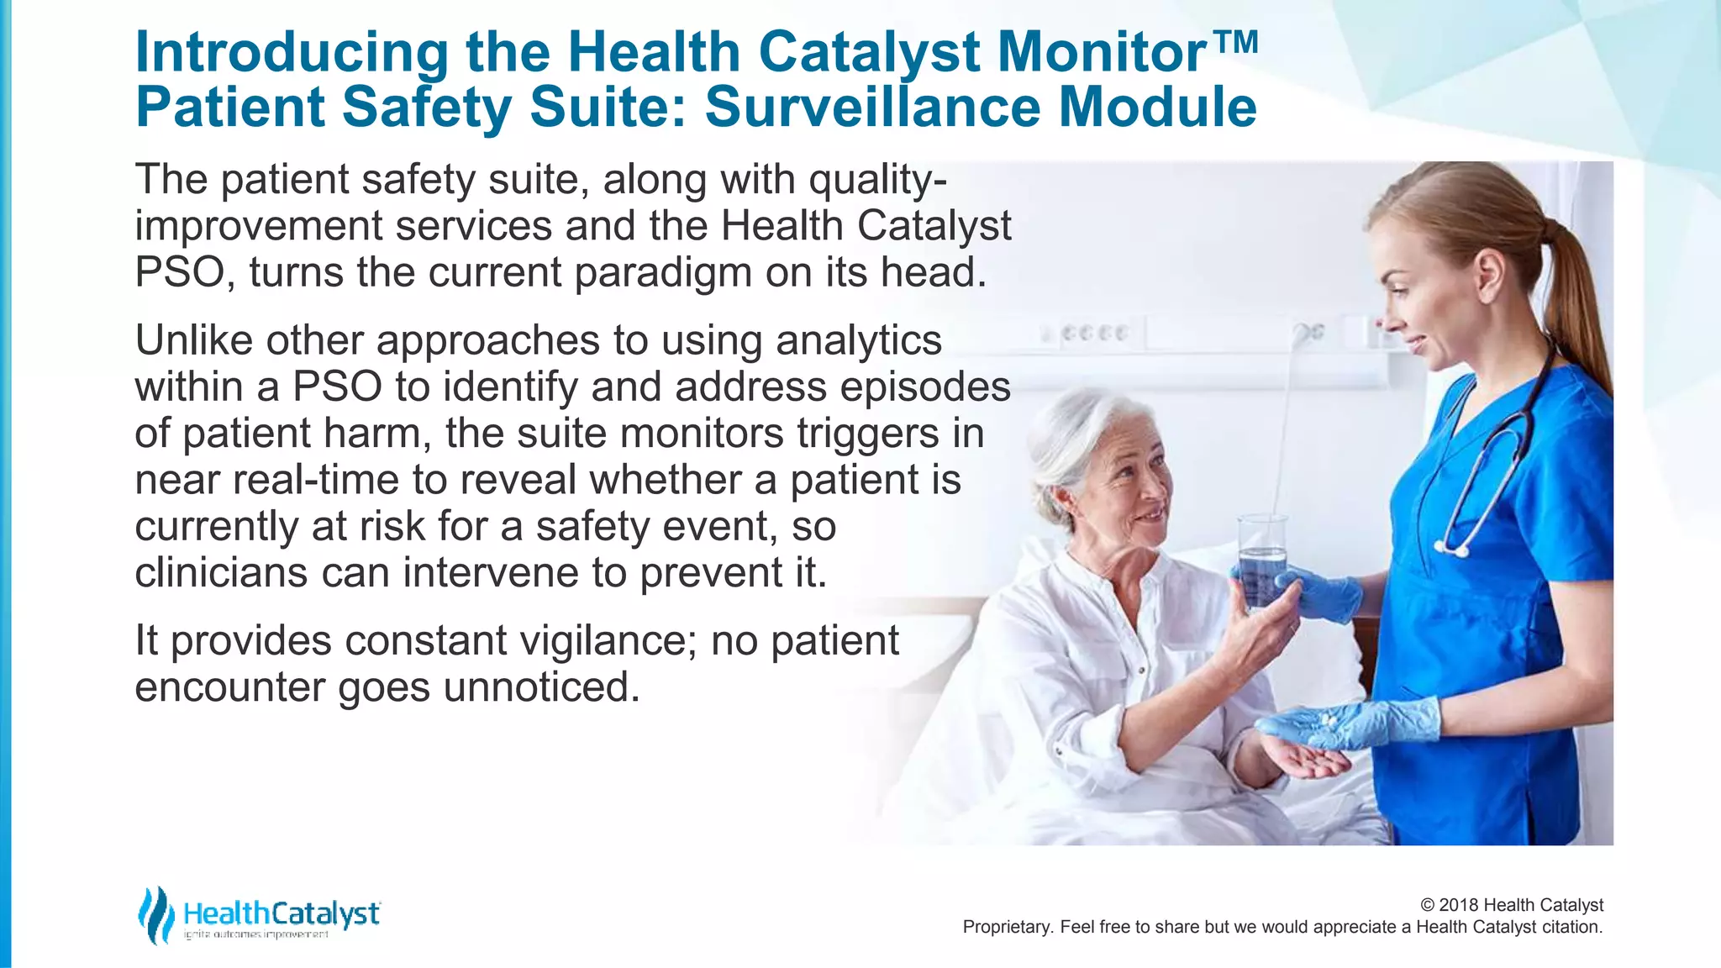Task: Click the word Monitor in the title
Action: [x=1102, y=52]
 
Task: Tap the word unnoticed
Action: [x=541, y=687]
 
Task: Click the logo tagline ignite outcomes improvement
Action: [x=255, y=934]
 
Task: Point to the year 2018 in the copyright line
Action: [x=1459, y=905]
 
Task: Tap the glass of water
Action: [x=1261, y=559]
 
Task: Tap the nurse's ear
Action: [x=1487, y=277]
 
